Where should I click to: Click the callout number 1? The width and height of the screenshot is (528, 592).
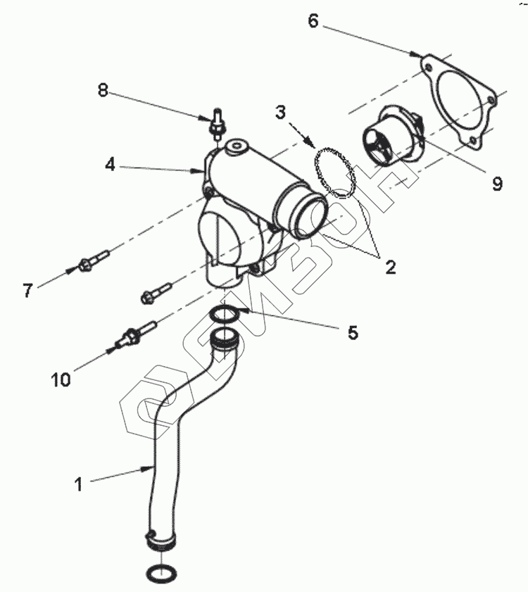79,484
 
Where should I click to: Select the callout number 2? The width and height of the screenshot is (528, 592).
389,267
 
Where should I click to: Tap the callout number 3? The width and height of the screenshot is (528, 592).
280,111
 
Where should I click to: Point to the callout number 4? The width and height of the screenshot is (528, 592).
110,165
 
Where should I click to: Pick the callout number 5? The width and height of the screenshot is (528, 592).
352,332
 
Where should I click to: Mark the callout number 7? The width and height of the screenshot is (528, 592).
27,289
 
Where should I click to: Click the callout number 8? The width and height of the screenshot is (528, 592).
103,90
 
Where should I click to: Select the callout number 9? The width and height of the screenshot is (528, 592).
497,184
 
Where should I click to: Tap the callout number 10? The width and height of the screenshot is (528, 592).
61,379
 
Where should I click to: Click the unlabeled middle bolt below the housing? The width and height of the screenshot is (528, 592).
157,291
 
